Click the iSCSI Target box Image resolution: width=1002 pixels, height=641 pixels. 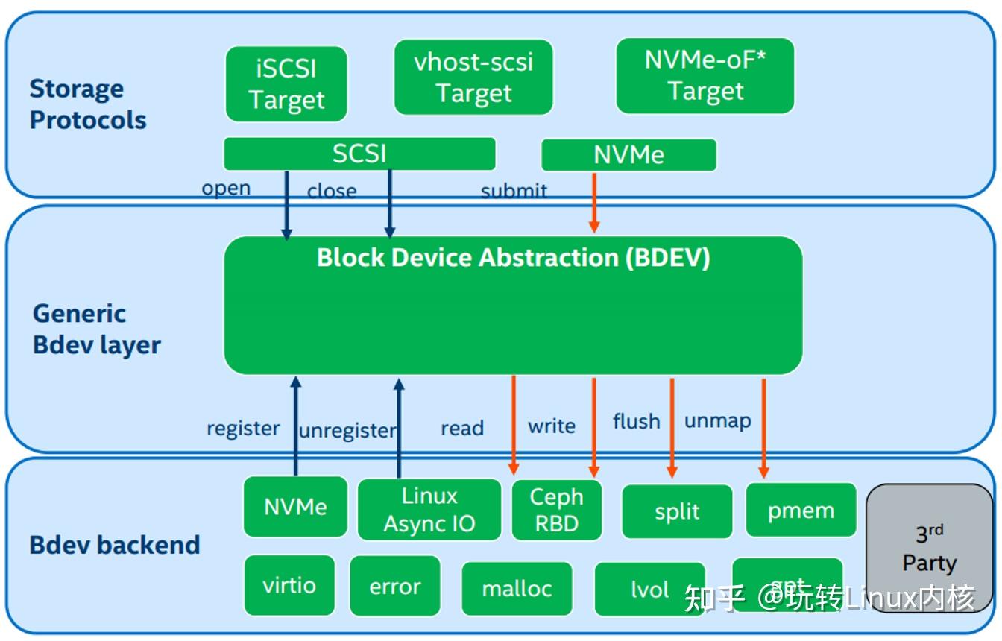pos(286,84)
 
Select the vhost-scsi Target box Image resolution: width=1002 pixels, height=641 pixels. pos(473,78)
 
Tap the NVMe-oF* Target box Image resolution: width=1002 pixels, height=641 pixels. pos(705,76)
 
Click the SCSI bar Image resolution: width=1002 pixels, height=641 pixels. pos(359,154)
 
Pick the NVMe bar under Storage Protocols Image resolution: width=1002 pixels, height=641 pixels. pos(628,155)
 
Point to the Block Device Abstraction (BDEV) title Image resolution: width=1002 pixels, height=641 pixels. pos(513,258)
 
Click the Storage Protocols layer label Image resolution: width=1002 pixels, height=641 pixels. pos(87,104)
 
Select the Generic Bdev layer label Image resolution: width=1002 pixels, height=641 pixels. pos(96,329)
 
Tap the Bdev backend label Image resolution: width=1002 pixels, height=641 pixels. pos(114,545)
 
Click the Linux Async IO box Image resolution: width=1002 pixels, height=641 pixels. pos(429,510)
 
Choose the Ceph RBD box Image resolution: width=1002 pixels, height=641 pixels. pos(556,510)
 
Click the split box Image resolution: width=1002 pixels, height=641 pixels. pos(677,511)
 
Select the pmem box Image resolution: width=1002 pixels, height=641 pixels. pos(801,511)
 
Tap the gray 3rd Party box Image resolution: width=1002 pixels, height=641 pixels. pos(928,548)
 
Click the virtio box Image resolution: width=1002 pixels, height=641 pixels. pos(289,585)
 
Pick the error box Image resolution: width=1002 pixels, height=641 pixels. pos(394,587)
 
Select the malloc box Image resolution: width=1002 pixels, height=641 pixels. pos(517,589)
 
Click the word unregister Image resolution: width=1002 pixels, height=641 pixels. pos(347,431)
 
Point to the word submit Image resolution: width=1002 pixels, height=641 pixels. pos(514,191)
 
